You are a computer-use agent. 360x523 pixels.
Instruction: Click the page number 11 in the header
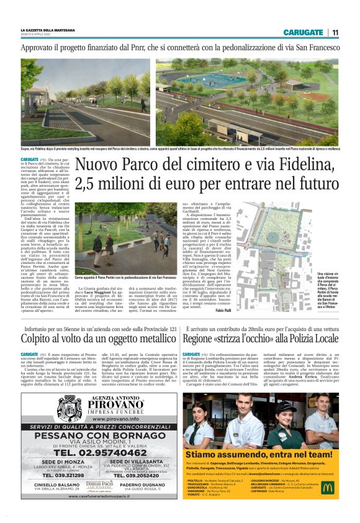click(335, 32)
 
